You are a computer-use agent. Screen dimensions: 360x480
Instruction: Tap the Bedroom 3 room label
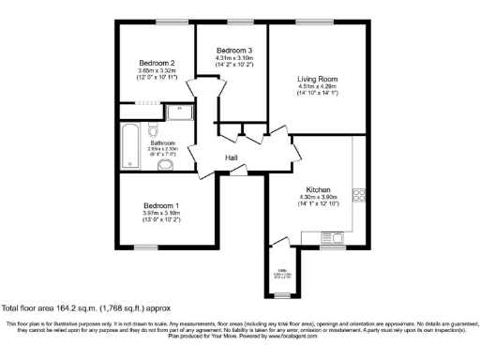pos(233,50)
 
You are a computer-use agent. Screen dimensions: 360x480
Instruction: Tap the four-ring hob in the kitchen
pos(357,195)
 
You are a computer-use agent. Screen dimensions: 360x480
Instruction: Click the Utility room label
pos(281,269)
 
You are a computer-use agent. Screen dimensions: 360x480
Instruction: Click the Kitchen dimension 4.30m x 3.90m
pos(317,197)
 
